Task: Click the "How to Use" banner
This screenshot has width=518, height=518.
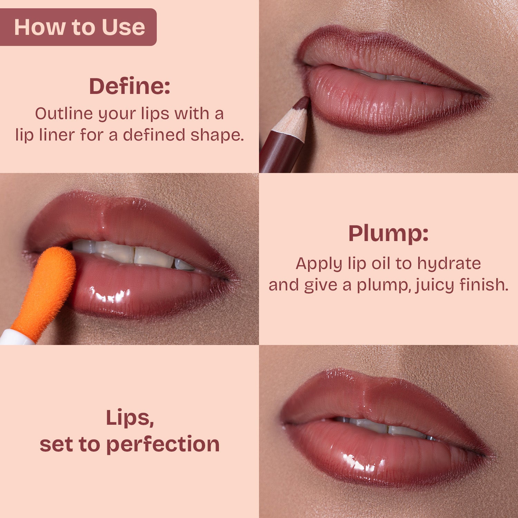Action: pos(78,27)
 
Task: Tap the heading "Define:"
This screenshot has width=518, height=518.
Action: pos(129,86)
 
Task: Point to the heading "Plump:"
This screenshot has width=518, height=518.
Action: pos(388,234)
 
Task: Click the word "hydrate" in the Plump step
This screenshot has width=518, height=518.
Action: pos(449,264)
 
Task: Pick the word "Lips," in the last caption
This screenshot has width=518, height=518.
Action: pos(129,418)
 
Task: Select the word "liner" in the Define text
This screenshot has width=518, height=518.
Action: pos(55,135)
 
